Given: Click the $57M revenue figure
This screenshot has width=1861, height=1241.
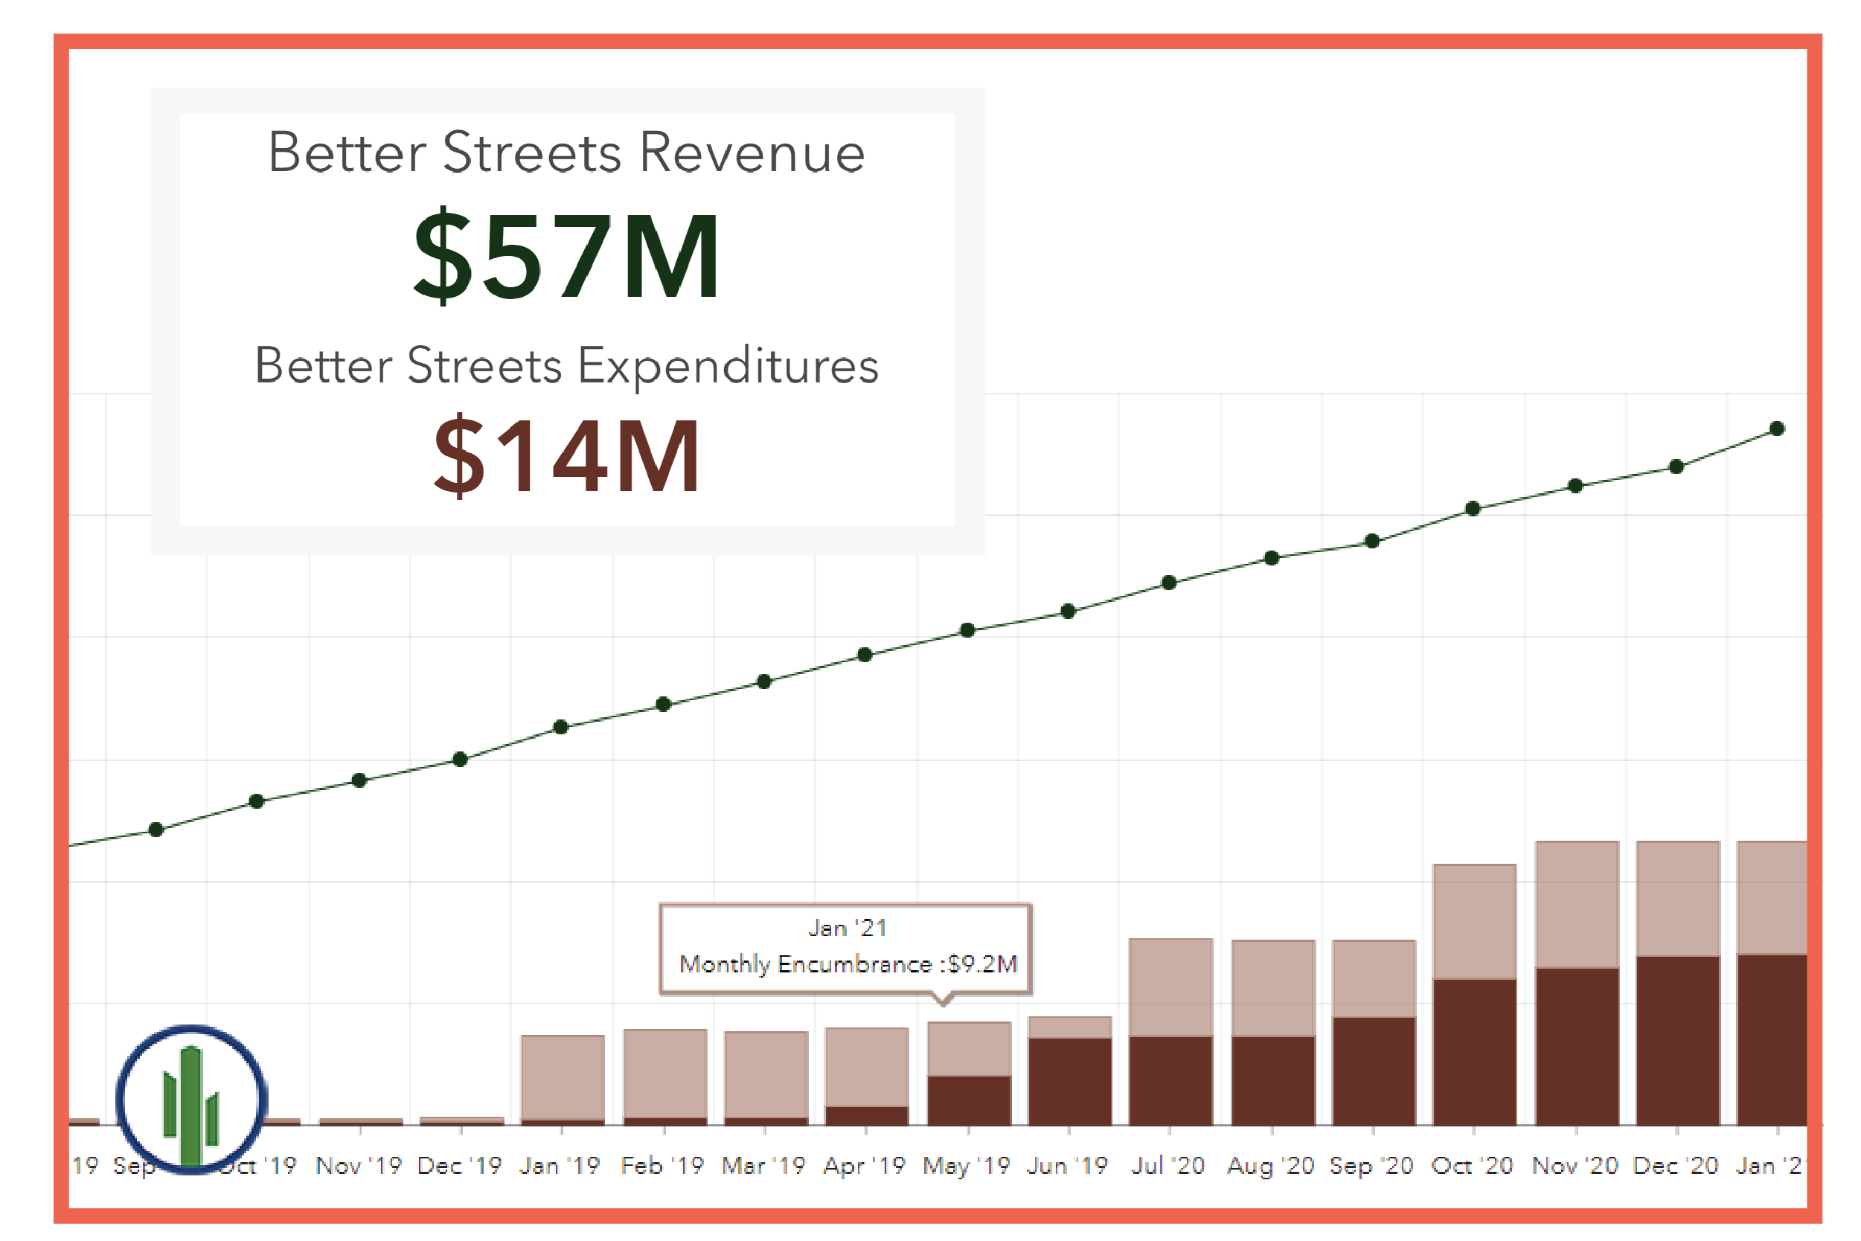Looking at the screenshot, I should [567, 255].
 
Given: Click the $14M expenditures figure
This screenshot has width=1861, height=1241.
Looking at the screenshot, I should [567, 456].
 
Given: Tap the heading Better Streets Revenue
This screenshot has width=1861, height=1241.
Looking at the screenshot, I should [567, 152].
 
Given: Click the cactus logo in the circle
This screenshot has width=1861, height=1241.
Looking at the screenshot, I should [191, 1100].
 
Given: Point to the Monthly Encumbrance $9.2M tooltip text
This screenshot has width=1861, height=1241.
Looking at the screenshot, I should [848, 964].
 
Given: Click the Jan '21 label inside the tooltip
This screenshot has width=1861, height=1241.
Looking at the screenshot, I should [847, 928].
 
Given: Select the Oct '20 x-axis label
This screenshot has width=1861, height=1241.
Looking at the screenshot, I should [1472, 1166].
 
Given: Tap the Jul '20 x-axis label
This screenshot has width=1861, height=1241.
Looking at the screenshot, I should [1168, 1166].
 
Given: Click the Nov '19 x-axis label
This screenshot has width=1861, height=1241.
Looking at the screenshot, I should [359, 1166].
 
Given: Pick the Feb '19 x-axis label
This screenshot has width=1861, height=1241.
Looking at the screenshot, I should [662, 1166].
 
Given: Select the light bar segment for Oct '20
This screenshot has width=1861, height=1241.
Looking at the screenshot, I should [1474, 922].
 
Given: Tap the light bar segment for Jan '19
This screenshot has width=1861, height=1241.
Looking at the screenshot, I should [563, 1077].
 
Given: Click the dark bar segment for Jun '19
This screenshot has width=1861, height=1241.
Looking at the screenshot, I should [1069, 1081].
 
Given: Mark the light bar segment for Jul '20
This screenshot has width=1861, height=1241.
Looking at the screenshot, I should [1170, 987].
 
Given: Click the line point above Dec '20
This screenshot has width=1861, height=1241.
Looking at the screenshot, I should [1676, 467].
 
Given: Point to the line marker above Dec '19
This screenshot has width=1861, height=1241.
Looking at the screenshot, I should [460, 760].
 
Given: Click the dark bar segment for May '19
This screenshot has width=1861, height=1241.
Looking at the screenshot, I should [969, 1100].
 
